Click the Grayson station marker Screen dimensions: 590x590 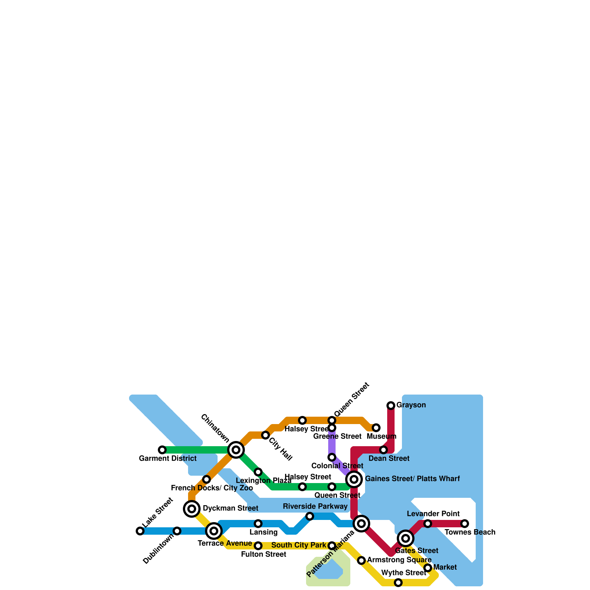point(391,406)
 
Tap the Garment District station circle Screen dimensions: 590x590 point(162,450)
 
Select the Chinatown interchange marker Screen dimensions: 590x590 point(236,450)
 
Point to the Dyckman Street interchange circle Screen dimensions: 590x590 point(192,509)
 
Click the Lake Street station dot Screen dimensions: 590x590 point(140,531)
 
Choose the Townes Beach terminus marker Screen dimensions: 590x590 point(465,524)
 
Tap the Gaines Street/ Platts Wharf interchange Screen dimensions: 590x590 point(354,479)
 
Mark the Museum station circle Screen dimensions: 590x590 point(376,428)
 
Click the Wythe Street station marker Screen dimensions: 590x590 point(398,583)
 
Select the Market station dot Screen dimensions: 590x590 point(428,568)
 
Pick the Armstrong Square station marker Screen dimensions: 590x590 point(361,560)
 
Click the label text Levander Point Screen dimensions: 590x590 point(433,514)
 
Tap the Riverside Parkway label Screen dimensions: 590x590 point(315,507)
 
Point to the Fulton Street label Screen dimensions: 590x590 point(264,555)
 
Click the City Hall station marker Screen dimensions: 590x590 point(265,435)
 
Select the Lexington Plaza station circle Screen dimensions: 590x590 point(258,472)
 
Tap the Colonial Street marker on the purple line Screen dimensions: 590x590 point(332,457)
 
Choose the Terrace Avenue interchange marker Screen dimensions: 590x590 point(214,531)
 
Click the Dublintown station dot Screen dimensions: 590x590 point(177,531)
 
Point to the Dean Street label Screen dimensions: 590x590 point(389,459)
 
